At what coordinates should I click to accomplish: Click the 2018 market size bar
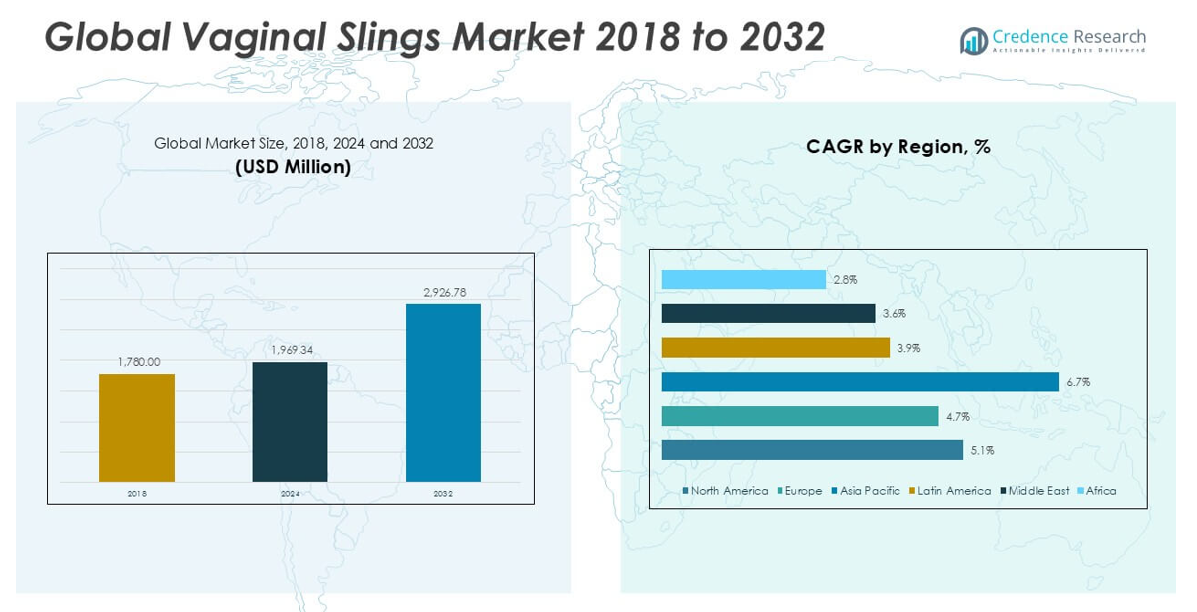(x=137, y=428)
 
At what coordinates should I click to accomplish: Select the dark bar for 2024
(x=290, y=422)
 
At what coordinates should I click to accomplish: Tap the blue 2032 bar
(x=442, y=392)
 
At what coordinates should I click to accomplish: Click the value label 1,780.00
(x=138, y=362)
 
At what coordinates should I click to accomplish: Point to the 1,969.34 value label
(x=291, y=350)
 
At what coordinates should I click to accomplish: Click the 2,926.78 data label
(x=443, y=292)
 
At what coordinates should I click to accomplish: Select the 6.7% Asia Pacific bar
(x=860, y=382)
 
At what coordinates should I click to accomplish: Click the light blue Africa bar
(x=744, y=280)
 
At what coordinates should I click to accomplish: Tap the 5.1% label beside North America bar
(x=982, y=450)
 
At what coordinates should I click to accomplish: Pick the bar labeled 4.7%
(x=799, y=416)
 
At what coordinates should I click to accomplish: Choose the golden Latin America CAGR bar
(x=776, y=348)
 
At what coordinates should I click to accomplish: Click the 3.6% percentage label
(x=894, y=314)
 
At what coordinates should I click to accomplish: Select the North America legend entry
(x=726, y=491)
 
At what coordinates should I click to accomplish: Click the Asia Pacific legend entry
(x=867, y=491)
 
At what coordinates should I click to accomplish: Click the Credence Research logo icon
(x=973, y=40)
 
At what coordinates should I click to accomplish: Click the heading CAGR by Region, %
(x=898, y=147)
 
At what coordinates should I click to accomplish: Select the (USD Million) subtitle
(x=294, y=167)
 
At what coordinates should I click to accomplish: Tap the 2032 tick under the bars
(x=443, y=493)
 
